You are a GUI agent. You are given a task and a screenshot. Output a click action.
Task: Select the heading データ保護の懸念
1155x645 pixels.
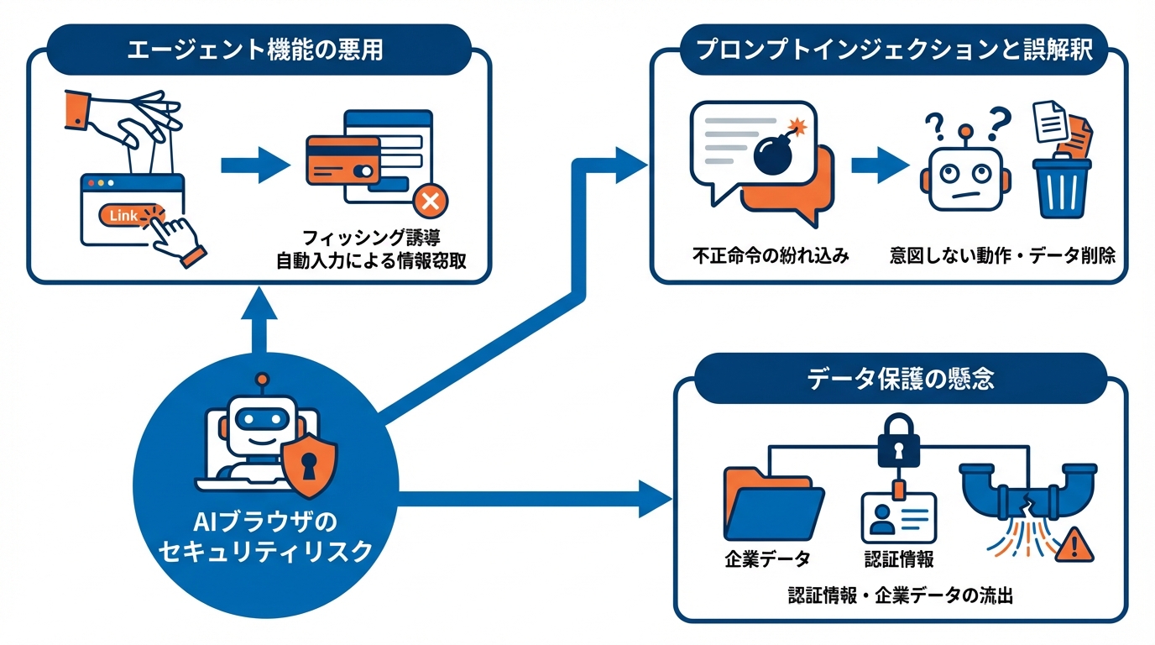coord(901,379)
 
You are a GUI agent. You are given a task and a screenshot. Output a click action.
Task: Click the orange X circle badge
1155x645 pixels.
coord(431,202)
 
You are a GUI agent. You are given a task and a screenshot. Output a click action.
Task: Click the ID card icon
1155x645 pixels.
coord(898,517)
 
